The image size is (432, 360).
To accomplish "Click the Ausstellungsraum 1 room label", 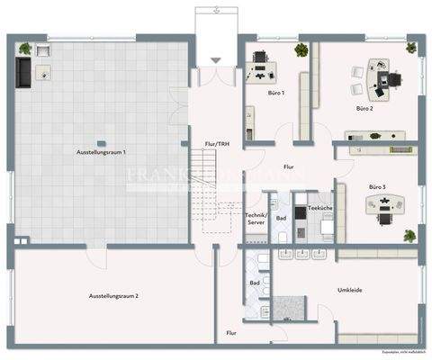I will pos(101,154).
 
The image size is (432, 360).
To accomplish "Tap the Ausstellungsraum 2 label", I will pos(113,295).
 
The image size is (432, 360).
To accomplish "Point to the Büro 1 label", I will pos(276,94).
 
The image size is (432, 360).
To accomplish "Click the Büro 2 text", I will pos(364,108).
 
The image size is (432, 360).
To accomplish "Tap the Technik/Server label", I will pos(256,220).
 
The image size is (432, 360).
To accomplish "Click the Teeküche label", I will pos(321,209).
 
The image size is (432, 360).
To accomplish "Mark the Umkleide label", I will pos(350,290).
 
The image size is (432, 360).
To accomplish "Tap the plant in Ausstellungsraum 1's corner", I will pos(24,48).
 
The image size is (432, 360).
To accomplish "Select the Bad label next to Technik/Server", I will pos(282,218).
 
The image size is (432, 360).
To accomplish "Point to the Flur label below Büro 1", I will pos(289,166).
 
